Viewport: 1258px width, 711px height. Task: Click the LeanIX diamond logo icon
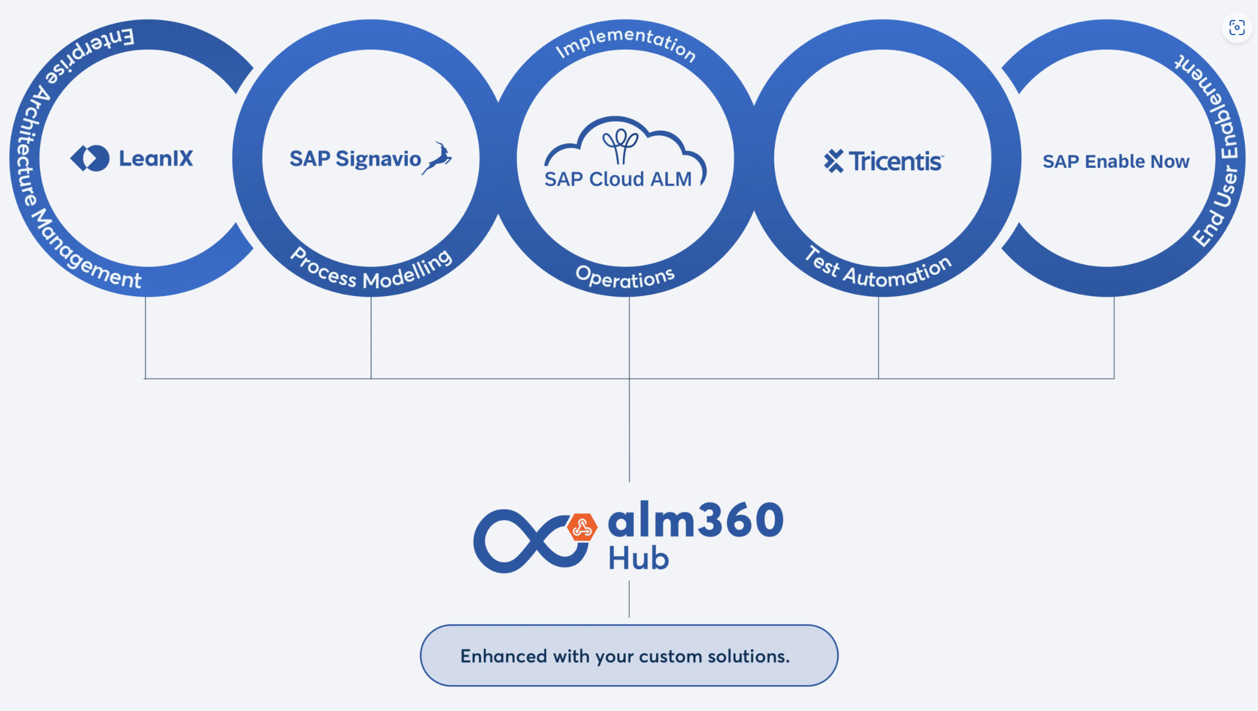point(90,158)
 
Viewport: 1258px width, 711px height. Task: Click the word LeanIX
point(156,159)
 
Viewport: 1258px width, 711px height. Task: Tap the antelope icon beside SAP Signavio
point(438,158)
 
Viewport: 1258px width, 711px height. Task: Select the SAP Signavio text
point(355,159)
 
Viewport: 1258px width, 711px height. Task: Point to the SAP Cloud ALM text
point(617,179)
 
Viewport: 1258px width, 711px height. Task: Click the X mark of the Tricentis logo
point(834,161)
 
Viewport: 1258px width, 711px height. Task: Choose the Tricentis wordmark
point(895,161)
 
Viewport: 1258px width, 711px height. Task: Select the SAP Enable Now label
point(1116,162)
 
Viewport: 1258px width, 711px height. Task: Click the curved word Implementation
point(625,42)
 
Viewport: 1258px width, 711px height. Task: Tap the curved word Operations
point(625,277)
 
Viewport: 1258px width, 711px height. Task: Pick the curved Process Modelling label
point(370,271)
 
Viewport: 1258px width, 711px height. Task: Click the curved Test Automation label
point(878,269)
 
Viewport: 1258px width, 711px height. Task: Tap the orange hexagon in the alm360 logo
point(582,527)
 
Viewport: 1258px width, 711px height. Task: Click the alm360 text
point(696,520)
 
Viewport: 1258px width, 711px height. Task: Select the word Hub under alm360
point(638,558)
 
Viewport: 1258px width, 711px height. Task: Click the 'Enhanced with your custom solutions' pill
point(628,656)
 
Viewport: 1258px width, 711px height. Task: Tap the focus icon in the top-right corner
point(1236,27)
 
